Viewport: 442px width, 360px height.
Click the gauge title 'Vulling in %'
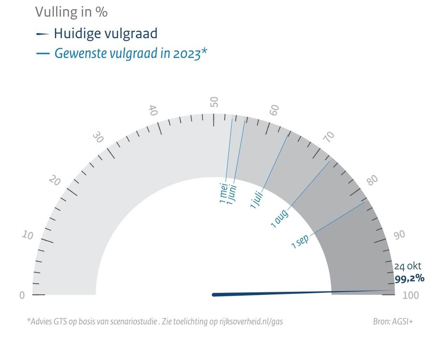pos(71,12)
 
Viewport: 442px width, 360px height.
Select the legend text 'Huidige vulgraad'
pos(105,34)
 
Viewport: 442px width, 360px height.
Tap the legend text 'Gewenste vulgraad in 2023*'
pos(130,53)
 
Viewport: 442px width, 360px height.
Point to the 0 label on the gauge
pos(22,295)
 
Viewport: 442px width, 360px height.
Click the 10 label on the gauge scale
pos(28,235)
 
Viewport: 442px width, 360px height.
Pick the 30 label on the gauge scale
pos(98,138)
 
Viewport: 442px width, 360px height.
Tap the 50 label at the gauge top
pos(214,102)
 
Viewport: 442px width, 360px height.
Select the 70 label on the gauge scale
pos(329,137)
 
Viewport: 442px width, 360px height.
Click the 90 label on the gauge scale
pos(400,234)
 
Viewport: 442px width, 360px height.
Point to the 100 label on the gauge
pos(411,295)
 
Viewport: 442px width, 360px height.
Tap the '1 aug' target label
pos(279,218)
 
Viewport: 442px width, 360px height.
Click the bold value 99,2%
pos(409,279)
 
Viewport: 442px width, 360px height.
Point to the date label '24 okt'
pos(408,266)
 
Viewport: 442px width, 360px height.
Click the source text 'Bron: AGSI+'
pos(393,321)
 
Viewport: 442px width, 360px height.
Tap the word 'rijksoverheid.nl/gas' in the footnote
pos(251,321)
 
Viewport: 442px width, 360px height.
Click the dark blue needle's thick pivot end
pos(214,295)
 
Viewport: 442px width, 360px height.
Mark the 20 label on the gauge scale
pos(55,181)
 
